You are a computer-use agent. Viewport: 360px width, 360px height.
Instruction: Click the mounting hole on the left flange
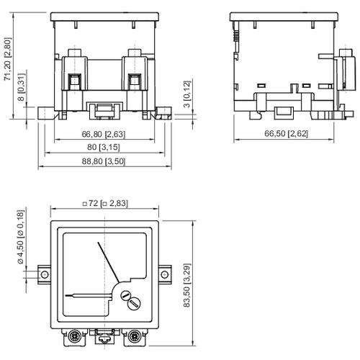pos(42,274)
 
